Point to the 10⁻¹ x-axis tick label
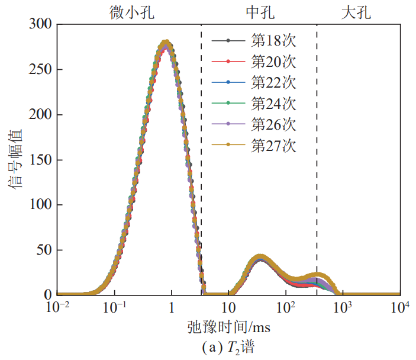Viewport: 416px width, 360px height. click(115, 308)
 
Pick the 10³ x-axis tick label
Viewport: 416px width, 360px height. click(343, 308)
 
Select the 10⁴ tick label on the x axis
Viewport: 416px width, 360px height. click(401, 308)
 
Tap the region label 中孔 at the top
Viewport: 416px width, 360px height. click(259, 12)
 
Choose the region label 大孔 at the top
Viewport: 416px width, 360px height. click(357, 12)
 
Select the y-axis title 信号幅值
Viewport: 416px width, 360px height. click(15, 159)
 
